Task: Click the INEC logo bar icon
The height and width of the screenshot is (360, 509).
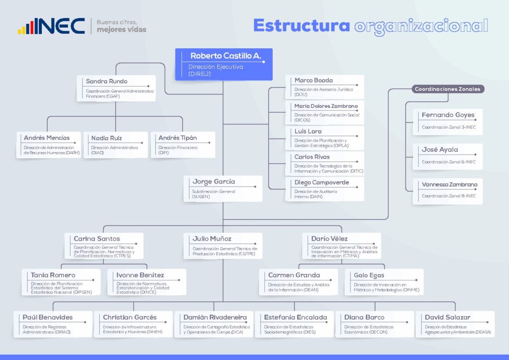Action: [x=26, y=27]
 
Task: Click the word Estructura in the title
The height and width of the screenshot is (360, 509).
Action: [x=302, y=25]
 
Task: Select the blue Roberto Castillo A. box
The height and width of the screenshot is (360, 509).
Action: [x=224, y=64]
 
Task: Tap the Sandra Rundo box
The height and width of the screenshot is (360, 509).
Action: [x=116, y=89]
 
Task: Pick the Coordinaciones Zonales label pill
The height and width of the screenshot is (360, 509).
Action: [x=448, y=89]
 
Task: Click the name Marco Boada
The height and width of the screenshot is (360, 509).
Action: [x=314, y=80]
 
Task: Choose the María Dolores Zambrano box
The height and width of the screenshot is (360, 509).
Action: [x=325, y=112]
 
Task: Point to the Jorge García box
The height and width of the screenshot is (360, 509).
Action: [x=223, y=188]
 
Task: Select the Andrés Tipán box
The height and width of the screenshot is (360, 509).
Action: [x=183, y=145]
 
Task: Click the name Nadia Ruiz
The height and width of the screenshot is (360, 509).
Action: [x=106, y=138]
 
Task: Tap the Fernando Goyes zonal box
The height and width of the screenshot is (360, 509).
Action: [x=448, y=122]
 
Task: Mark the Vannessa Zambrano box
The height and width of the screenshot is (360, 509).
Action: [x=448, y=191]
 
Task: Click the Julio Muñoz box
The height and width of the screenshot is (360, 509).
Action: [x=223, y=246]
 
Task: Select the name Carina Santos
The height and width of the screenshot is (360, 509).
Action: [x=97, y=239]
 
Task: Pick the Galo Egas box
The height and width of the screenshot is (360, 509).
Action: [x=384, y=282]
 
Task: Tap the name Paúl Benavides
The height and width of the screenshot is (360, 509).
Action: [x=48, y=317]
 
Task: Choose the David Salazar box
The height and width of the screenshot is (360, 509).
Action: [x=455, y=324]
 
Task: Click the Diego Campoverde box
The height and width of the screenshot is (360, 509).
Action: [x=325, y=189]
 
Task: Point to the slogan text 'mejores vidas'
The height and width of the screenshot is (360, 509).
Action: [x=121, y=29]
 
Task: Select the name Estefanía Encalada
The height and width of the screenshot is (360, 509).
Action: [x=295, y=317]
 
